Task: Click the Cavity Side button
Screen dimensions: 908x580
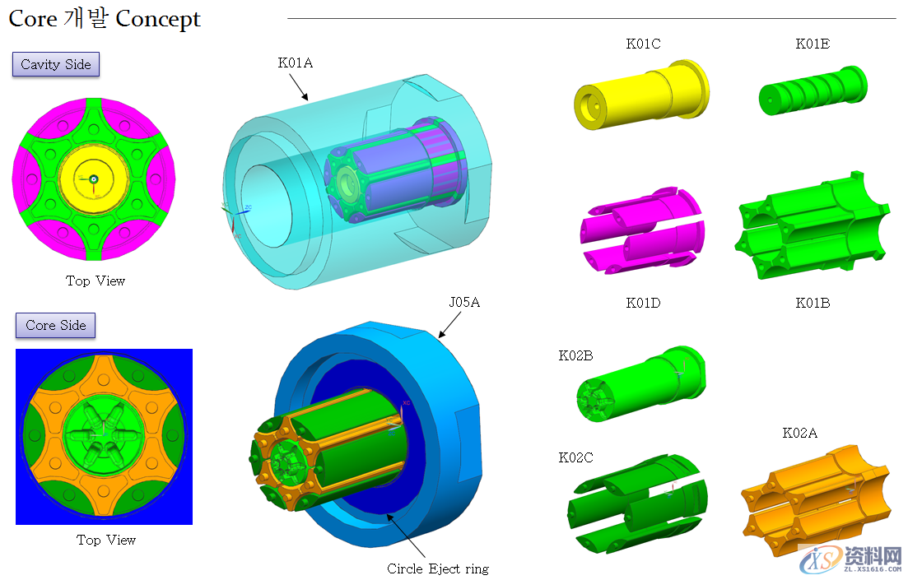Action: point(56,64)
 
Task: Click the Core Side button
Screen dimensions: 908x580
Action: point(56,325)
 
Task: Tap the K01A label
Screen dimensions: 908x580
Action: point(296,63)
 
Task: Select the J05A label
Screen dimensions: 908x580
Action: point(464,302)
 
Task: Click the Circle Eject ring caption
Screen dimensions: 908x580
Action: point(438,568)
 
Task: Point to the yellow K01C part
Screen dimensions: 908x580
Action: point(641,95)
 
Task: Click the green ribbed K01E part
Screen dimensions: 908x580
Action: point(813,90)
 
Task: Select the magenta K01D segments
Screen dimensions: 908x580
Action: point(642,230)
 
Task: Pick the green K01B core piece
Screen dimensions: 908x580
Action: point(812,225)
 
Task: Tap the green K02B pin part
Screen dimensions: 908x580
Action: point(641,383)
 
